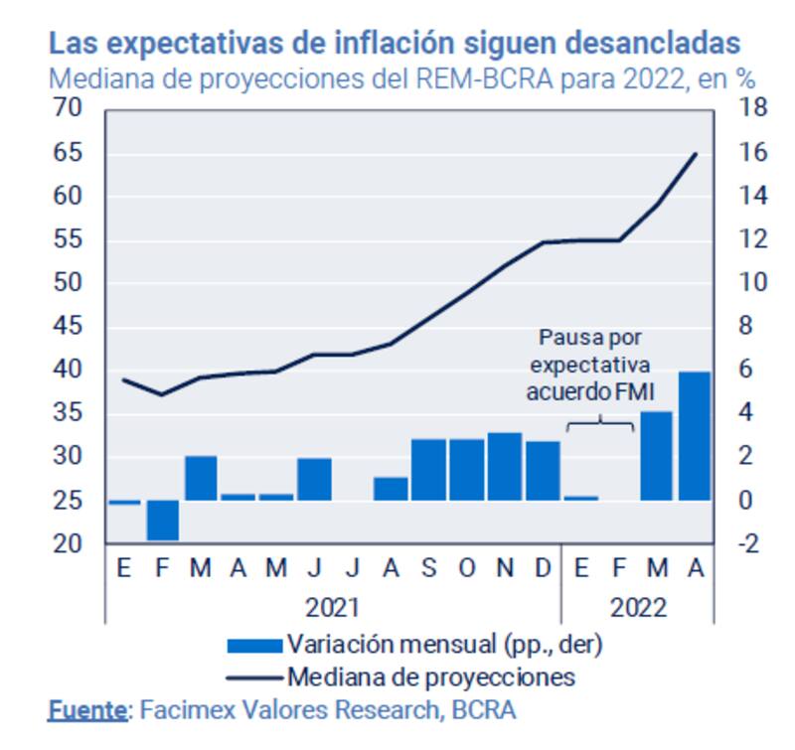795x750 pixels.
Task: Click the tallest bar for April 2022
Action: tap(694, 436)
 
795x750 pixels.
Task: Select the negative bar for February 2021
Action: tap(162, 520)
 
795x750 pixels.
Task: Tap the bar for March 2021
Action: tap(201, 478)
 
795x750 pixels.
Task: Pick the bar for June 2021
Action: tap(314, 479)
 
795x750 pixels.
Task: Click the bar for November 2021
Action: tap(505, 466)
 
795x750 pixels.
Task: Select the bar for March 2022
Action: tap(656, 456)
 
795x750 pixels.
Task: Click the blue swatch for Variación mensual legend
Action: tap(255, 646)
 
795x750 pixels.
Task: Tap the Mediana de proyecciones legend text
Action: tap(430, 677)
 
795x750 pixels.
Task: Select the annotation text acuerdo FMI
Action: tap(590, 393)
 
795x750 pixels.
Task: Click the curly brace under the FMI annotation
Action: tap(600, 424)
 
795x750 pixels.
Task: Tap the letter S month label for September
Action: tap(428, 568)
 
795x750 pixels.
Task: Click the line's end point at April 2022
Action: tap(695, 154)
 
